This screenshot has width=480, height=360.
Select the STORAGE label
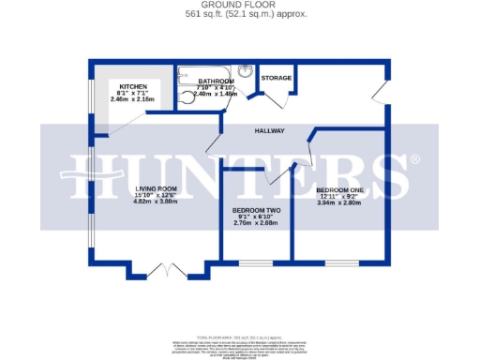point(276,78)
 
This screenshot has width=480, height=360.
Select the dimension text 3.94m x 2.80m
point(338,202)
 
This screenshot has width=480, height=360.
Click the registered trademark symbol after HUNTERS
point(414,159)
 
